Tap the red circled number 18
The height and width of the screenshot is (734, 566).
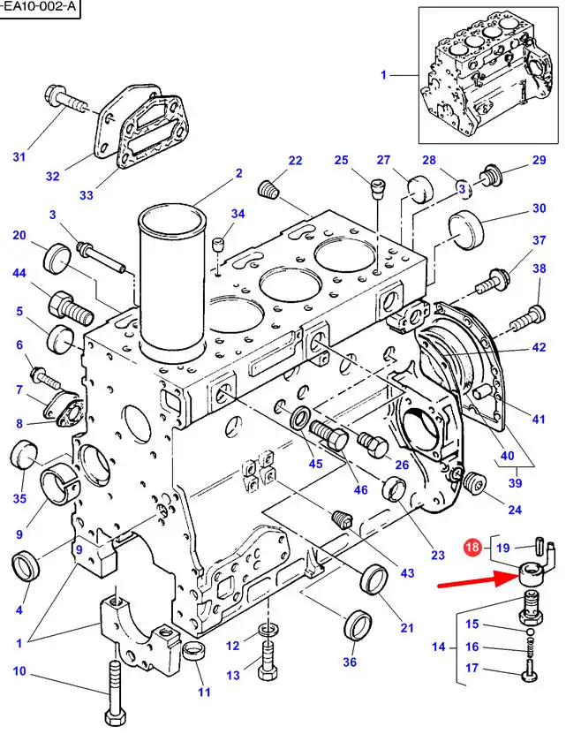(472, 548)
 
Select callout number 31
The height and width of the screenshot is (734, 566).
(19, 157)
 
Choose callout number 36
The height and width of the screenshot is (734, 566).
(350, 662)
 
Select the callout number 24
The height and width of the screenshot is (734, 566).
(516, 509)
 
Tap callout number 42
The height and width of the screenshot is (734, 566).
(539, 348)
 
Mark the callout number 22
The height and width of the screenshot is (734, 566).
(295, 160)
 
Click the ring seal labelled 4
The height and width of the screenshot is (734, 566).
(25, 565)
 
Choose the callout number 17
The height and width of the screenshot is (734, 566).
(472, 668)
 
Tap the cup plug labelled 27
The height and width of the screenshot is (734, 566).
(417, 187)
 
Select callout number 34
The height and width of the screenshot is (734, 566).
(238, 214)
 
